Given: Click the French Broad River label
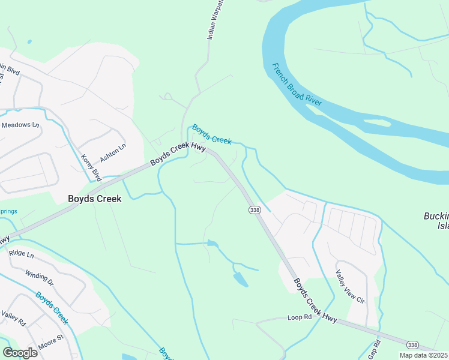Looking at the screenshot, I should pos(297,85).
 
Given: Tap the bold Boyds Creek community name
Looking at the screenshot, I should pos(94,199).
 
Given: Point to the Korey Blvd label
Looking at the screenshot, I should pos(91,167).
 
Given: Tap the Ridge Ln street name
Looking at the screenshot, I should pos(21,254).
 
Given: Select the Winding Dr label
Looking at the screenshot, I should pos(39,278).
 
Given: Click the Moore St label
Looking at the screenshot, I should pos(51,346).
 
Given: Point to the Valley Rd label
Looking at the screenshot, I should pos(13,319).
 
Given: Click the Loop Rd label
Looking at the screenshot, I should pos(300,317).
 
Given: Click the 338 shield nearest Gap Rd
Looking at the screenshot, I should pos(412,344).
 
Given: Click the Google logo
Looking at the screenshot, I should pos(20,352).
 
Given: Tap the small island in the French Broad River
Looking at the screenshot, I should pos(376,123).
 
